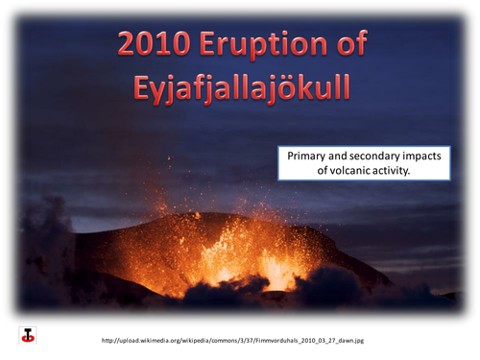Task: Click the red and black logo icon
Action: pyautogui.click(x=28, y=335)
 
